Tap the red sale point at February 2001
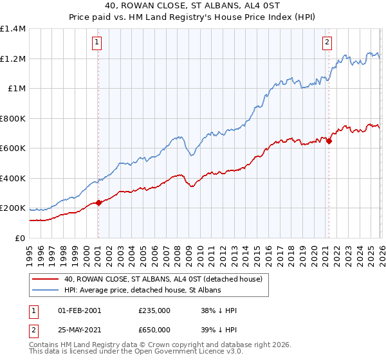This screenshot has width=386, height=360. (98, 203)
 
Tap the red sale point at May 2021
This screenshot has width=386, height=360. (329, 141)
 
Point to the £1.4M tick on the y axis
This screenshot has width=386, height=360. (13, 29)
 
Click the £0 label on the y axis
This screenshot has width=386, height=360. (21, 238)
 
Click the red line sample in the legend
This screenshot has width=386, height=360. (46, 280)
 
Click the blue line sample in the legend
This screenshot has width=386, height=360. (46, 291)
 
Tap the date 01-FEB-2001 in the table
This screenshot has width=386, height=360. (80, 310)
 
